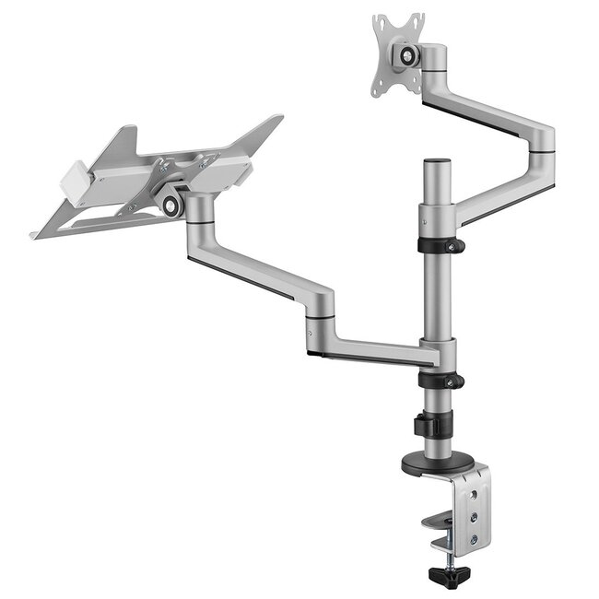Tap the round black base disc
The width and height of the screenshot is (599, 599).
[434, 464]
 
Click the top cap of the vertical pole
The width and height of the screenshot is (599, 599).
[437, 162]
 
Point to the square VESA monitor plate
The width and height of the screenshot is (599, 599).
[397, 53]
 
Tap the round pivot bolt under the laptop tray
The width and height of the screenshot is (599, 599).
[171, 205]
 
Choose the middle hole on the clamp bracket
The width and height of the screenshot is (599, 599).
[474, 517]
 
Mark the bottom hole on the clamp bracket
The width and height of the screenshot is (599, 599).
[474, 539]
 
